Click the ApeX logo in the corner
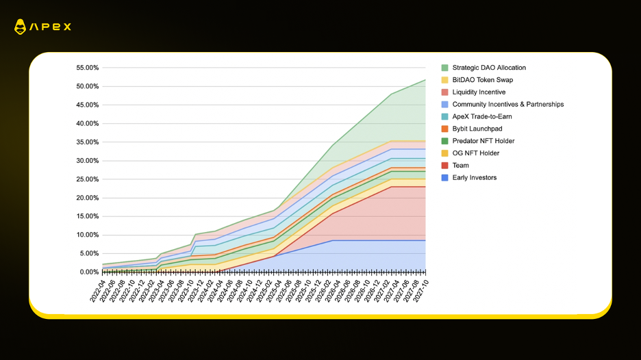point(42,27)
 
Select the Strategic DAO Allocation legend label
point(489,68)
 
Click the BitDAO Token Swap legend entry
point(482,80)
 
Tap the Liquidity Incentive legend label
point(479,92)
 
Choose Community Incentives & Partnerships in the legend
point(507,105)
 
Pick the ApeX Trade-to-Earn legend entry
point(482,117)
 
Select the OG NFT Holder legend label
point(475,153)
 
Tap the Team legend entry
point(460,166)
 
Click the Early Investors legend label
point(474,178)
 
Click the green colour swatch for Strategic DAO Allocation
point(445,68)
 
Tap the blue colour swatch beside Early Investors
point(445,178)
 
